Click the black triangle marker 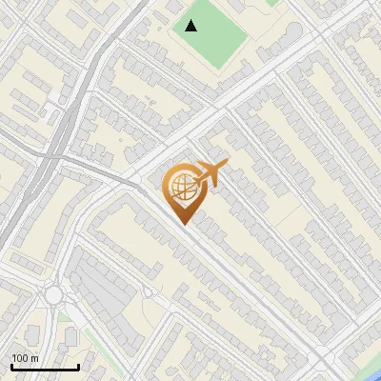191,26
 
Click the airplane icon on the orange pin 211,175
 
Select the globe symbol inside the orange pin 182,187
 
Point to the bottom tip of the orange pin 184,225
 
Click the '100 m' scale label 25,358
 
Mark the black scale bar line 45,367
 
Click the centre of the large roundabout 53,295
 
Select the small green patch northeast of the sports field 273,3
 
